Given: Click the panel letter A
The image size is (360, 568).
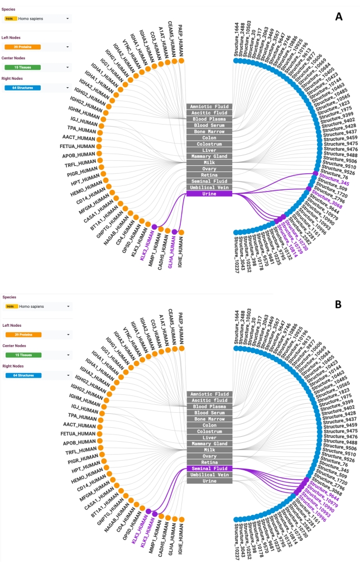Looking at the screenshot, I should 338,17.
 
